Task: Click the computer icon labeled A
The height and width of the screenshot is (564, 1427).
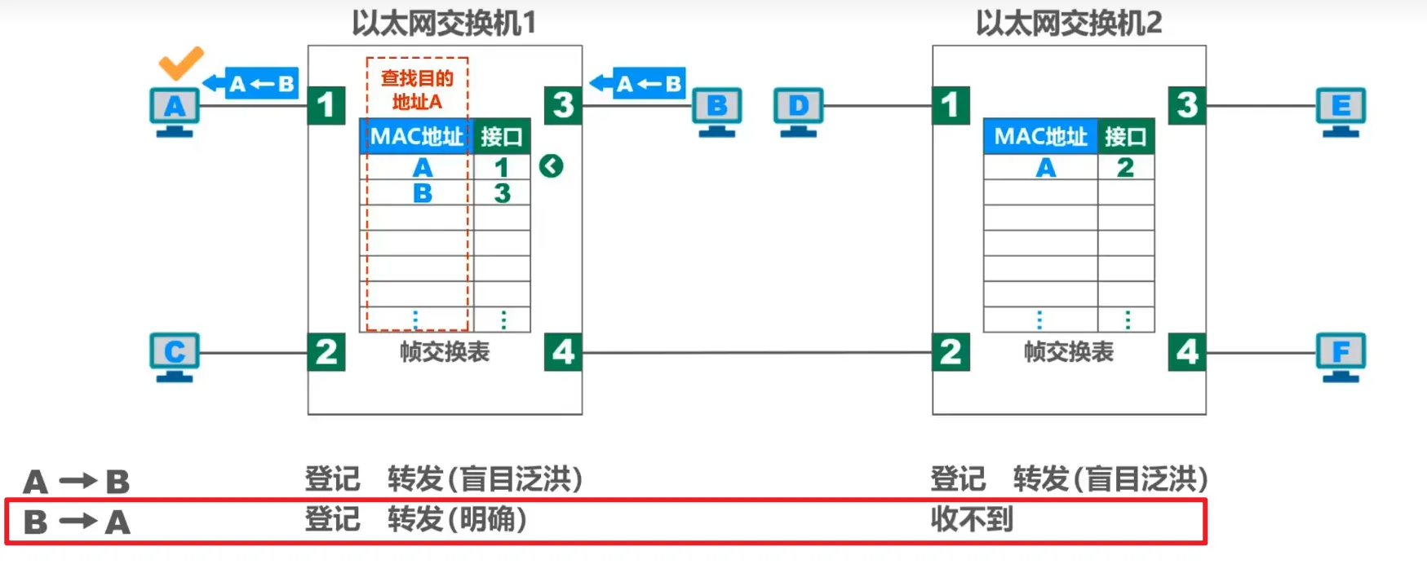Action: [x=175, y=111]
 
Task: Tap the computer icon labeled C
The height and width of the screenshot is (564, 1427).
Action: [x=175, y=356]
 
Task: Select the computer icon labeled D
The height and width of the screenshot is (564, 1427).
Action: [x=798, y=111]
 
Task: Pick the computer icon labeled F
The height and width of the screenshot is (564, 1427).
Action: [x=1341, y=356]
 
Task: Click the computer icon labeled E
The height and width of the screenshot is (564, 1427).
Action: [x=1341, y=111]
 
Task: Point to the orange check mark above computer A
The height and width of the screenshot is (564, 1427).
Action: [x=180, y=63]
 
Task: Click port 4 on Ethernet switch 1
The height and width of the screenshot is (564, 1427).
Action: [x=563, y=352]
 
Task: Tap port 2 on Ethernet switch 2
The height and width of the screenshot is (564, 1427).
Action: [x=951, y=352]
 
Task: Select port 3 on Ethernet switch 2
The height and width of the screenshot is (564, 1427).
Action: [x=1187, y=105]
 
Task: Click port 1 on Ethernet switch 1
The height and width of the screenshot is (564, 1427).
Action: [x=326, y=105]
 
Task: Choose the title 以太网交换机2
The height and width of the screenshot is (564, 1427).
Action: [x=1069, y=23]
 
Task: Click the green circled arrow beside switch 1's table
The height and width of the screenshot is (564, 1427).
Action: [x=552, y=166]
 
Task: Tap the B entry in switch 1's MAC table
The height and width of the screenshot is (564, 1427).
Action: [x=423, y=194]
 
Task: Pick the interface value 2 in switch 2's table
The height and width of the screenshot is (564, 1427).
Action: [x=1125, y=168]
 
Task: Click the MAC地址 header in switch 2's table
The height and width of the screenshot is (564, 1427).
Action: [x=1040, y=136]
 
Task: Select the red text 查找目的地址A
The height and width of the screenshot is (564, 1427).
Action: [x=417, y=90]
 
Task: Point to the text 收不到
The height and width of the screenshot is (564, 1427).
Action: [x=972, y=519]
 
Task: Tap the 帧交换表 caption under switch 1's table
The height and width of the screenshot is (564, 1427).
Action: [x=445, y=352]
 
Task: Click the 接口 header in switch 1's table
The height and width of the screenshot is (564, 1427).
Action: [x=501, y=136]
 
